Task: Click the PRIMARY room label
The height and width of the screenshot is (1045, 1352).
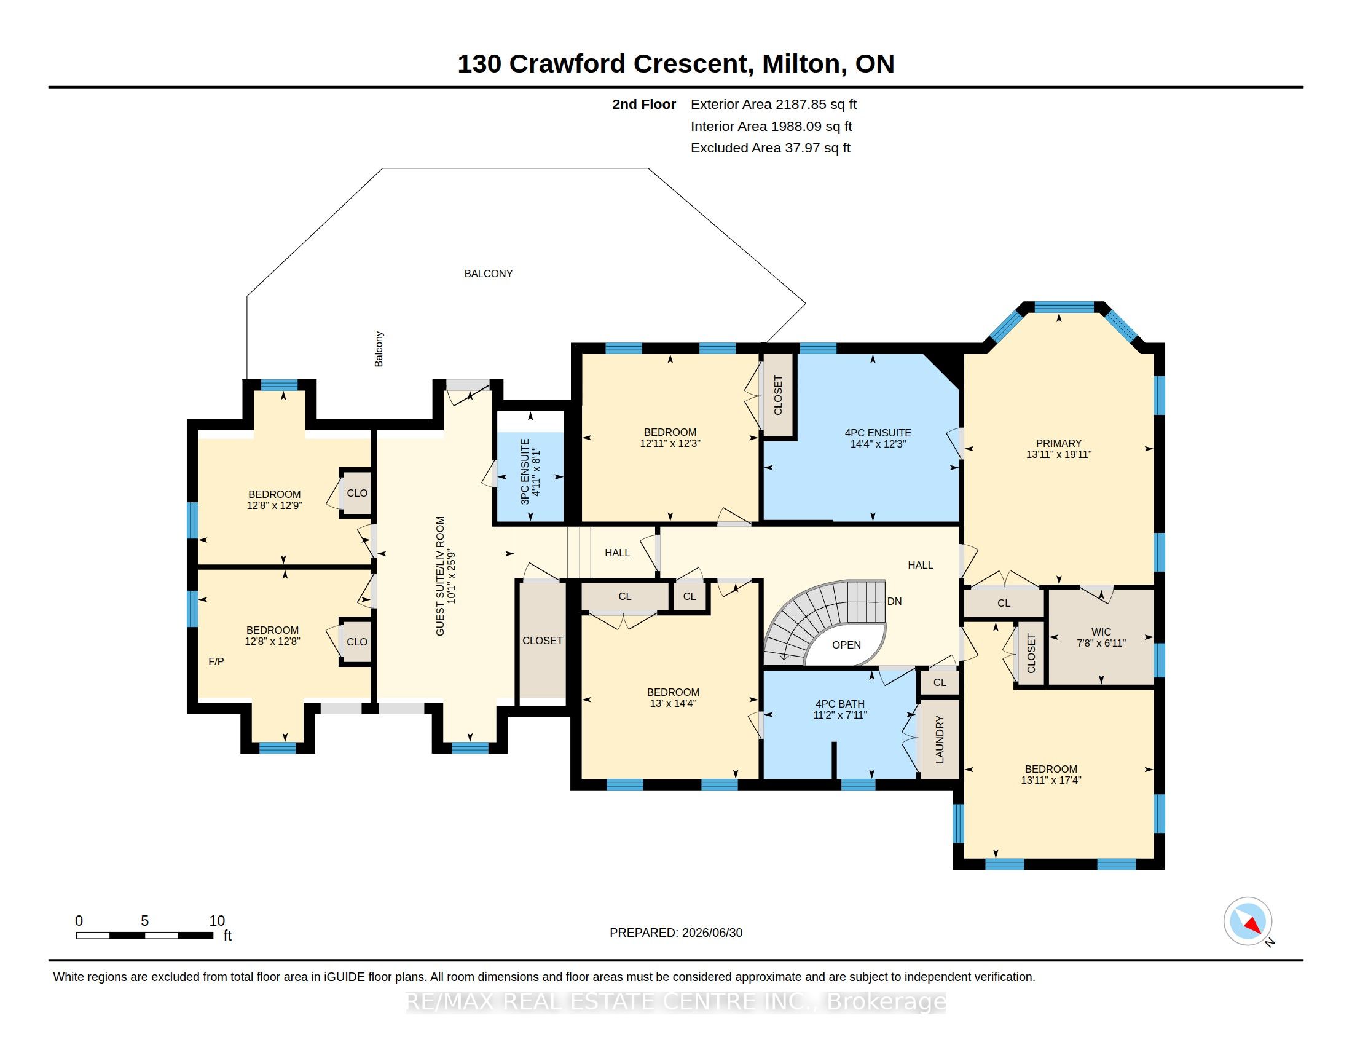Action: (x=1059, y=443)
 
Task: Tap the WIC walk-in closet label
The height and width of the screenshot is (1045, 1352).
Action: (x=1101, y=632)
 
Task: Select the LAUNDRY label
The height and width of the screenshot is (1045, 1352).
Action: (x=939, y=739)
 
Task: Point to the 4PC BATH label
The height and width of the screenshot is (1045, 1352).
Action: (x=840, y=704)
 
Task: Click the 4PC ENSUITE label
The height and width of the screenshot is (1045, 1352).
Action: (x=878, y=433)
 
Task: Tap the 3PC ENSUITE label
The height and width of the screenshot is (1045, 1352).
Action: (x=525, y=471)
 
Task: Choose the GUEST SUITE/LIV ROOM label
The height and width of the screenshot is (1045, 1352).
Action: (x=440, y=576)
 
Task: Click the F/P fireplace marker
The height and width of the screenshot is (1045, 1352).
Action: (x=216, y=661)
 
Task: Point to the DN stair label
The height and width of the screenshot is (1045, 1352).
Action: (x=895, y=601)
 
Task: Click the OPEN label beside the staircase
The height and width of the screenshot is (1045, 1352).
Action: (x=846, y=644)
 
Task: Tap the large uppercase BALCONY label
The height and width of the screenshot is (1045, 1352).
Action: (x=489, y=274)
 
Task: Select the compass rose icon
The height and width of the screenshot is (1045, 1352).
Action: (x=1248, y=921)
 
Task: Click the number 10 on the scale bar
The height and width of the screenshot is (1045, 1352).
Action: (x=217, y=921)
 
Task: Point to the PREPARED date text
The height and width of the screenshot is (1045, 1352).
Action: (x=676, y=933)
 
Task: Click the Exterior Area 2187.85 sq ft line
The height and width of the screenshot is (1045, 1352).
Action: (x=774, y=104)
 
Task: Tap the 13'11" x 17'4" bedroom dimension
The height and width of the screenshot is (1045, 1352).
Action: (x=1050, y=780)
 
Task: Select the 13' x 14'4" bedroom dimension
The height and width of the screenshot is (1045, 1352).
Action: (x=672, y=703)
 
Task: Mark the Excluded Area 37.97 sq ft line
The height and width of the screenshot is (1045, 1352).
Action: (x=771, y=148)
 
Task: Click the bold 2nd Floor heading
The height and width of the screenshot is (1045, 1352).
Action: (x=644, y=104)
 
